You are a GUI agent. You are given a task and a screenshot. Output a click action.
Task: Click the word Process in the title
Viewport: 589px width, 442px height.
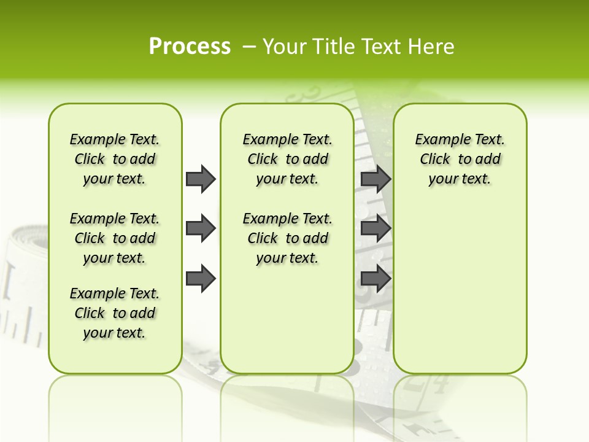[x=190, y=47]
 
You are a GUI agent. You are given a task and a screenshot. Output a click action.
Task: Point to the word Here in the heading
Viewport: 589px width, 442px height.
[x=431, y=47]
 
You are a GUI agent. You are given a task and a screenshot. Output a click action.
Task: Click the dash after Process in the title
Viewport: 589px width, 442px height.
[x=249, y=47]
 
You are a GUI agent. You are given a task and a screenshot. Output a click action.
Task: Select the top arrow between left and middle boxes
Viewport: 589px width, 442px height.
[x=201, y=179]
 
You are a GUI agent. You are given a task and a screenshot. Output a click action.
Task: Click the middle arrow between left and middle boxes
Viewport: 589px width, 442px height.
[x=201, y=228]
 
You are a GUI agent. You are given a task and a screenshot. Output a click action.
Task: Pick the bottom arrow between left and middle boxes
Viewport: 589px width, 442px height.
[x=201, y=279]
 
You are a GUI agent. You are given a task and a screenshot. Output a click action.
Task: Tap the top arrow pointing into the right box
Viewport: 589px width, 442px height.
[x=375, y=179]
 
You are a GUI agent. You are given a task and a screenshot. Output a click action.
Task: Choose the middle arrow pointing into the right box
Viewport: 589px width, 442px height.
[x=375, y=228]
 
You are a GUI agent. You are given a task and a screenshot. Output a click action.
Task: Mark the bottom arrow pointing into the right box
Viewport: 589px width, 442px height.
[x=375, y=279]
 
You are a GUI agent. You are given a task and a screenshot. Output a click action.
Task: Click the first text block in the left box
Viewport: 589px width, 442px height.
[x=115, y=159]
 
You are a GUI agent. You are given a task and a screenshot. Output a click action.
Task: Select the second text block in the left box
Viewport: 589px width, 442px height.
[x=115, y=238]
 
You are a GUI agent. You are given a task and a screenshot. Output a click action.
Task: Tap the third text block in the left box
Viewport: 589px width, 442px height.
[x=115, y=313]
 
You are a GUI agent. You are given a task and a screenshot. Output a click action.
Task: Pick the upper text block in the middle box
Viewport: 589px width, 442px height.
[x=287, y=159]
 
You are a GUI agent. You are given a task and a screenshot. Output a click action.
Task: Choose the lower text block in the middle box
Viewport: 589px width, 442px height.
[x=287, y=238]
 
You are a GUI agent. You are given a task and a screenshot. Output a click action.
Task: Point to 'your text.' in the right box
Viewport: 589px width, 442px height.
[x=460, y=179]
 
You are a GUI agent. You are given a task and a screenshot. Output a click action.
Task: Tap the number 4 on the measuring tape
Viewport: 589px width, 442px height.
[x=441, y=386]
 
